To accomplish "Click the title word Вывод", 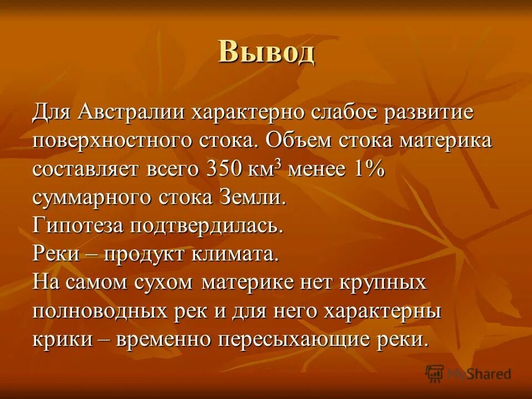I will [266, 53].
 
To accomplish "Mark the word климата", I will [237, 254].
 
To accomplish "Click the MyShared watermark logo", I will [469, 373].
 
